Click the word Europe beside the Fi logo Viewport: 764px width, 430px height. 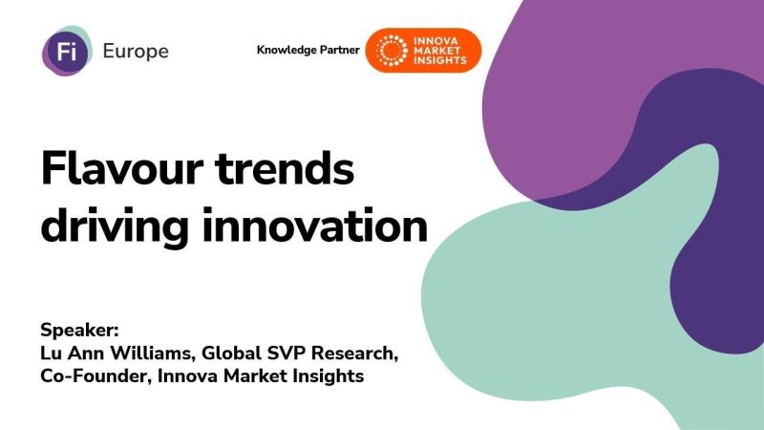(x=136, y=52)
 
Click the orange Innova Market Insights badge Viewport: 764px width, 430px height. (x=424, y=51)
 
